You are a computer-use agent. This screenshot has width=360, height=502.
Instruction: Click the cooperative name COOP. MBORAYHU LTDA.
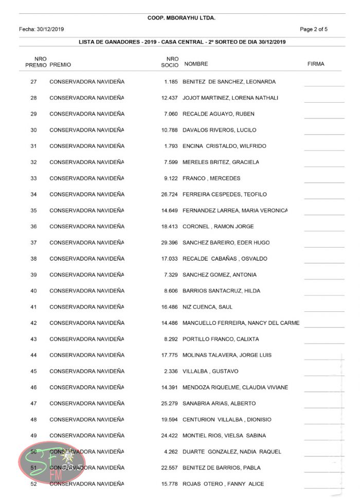coord(181,18)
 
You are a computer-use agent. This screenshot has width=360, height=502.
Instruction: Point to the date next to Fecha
coord(50,29)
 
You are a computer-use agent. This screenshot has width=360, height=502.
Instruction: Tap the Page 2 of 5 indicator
coord(314,29)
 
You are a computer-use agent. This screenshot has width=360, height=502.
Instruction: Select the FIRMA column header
coord(315,64)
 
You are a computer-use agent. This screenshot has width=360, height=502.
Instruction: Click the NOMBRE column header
coord(196,64)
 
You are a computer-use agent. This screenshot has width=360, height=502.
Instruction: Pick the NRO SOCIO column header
coord(172,62)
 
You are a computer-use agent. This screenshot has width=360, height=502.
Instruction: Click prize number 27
coord(34,82)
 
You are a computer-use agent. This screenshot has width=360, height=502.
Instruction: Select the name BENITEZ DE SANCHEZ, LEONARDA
coord(229,82)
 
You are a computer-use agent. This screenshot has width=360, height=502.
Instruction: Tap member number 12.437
coord(169,98)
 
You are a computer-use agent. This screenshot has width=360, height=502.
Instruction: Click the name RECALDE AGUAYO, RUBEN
coord(218,114)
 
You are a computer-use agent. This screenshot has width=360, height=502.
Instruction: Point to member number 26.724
coord(169,194)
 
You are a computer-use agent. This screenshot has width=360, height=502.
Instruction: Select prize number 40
coord(34,291)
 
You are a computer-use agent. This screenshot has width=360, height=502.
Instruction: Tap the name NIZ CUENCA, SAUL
coord(207,307)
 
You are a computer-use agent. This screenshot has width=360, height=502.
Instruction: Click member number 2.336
coord(171,371)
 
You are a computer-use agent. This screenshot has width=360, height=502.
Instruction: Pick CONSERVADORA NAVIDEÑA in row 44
coord(87,355)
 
